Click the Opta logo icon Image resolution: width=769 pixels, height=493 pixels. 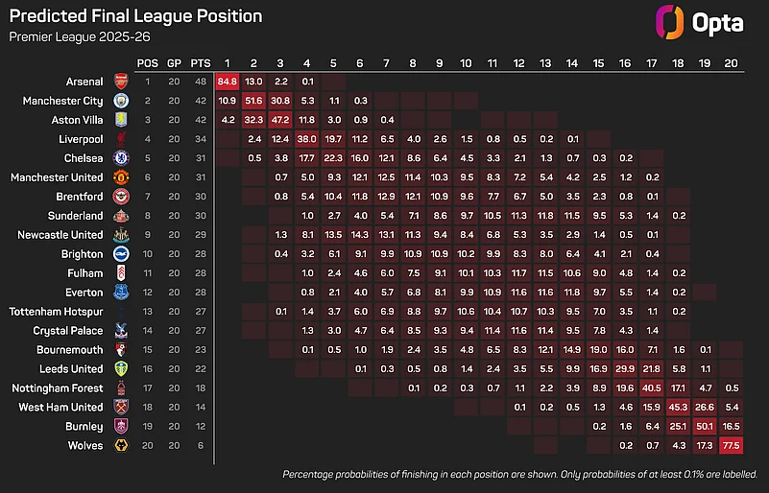point(670,22)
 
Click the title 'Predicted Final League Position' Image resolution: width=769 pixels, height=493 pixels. point(135,16)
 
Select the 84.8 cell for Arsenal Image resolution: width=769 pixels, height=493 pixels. point(228,81)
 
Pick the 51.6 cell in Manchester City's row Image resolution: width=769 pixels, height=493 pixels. point(254,100)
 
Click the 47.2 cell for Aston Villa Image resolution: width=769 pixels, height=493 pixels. point(280,120)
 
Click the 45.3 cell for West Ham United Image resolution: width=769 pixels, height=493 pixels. point(678,408)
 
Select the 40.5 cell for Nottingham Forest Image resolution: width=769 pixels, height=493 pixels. point(652,388)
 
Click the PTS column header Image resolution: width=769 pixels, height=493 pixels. point(201,62)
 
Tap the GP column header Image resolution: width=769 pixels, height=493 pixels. point(174,62)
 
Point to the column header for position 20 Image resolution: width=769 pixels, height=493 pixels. point(732,62)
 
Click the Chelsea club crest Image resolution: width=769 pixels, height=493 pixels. point(121,158)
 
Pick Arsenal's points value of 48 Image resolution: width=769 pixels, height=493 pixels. point(201,81)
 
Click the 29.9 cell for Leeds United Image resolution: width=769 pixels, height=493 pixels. point(625,369)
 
